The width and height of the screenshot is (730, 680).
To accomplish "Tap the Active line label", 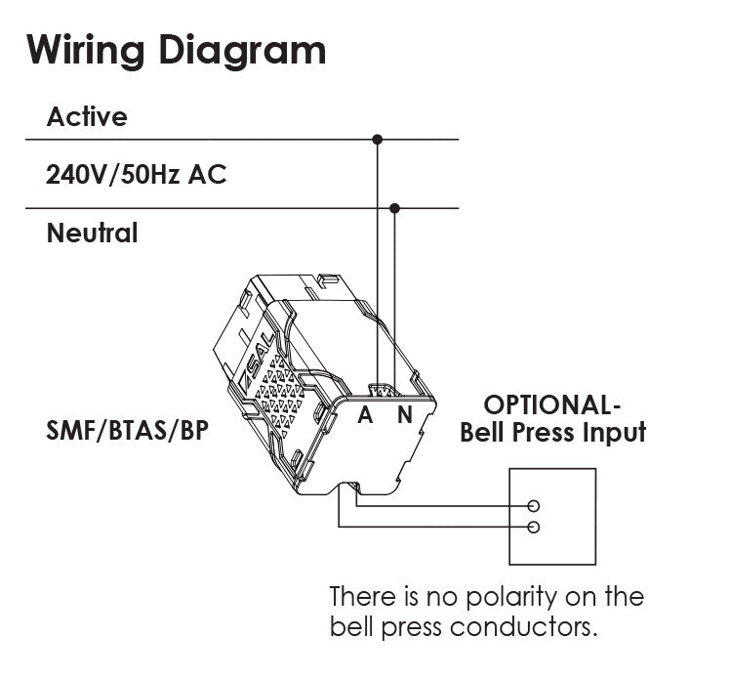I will click(x=87, y=117).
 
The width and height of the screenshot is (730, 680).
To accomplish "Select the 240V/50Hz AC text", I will click(x=137, y=175).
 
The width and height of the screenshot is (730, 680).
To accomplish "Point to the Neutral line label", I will click(x=93, y=234).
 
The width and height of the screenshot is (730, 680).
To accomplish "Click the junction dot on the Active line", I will click(x=378, y=140).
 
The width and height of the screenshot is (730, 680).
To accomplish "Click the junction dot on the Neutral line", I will click(x=394, y=208).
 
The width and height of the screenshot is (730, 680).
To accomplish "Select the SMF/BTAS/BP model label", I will click(x=127, y=429).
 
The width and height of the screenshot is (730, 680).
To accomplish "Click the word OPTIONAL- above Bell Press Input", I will click(x=552, y=404).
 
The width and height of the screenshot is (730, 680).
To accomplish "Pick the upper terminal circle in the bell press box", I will click(x=534, y=506).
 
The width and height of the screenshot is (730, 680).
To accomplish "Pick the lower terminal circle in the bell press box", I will click(x=534, y=528).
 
